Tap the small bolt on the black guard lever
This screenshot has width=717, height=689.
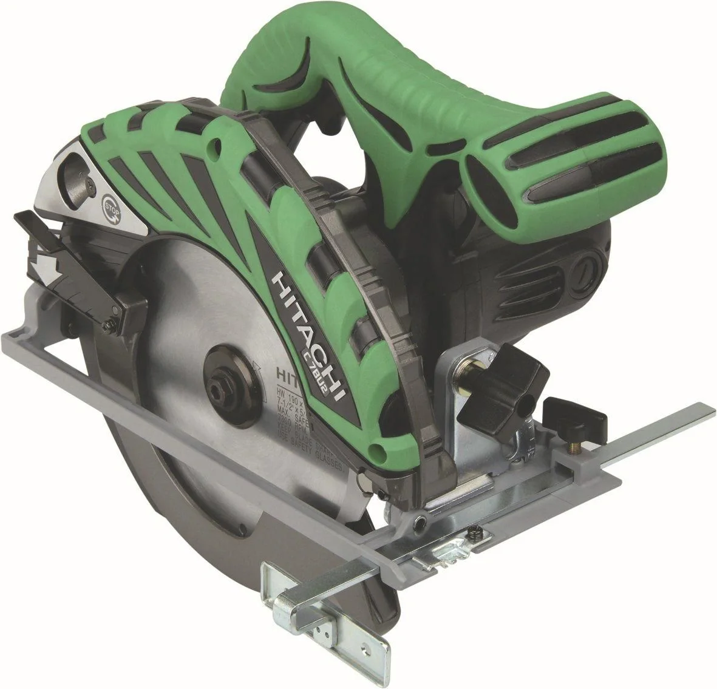pyautogui.click(x=109, y=327)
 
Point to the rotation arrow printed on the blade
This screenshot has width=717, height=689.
pyautogui.click(x=259, y=370)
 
